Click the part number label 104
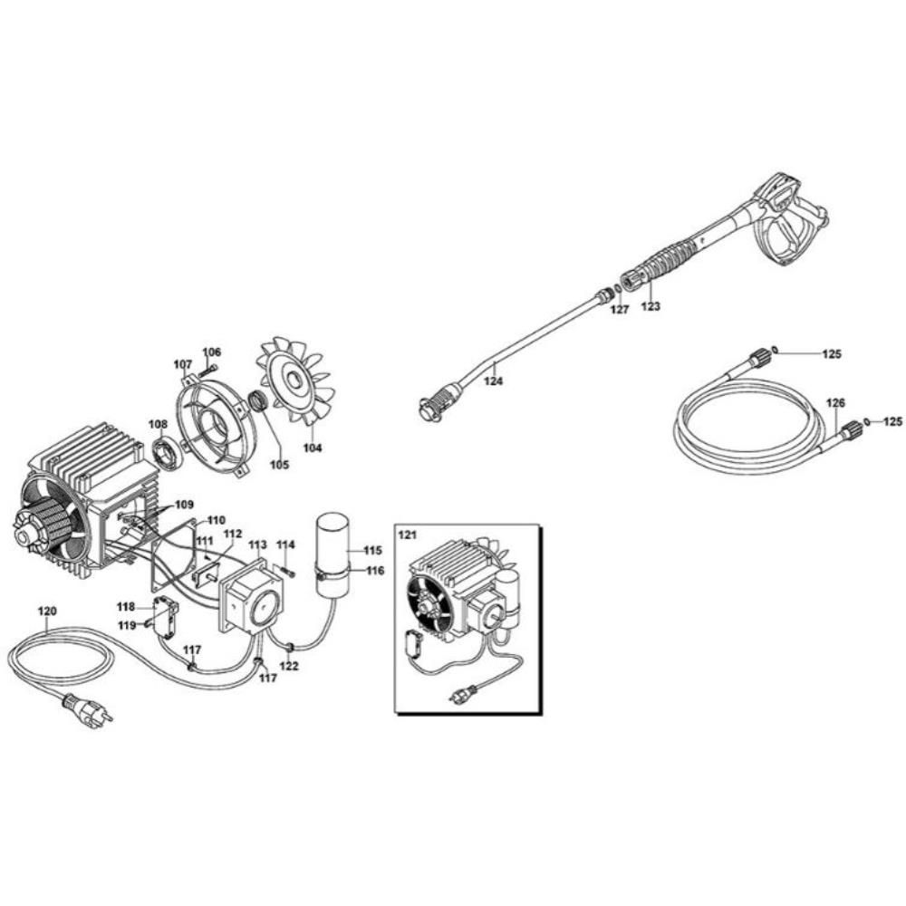tap(312, 448)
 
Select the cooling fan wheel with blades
tap(296, 381)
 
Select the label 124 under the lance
tap(493, 381)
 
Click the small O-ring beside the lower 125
tap(867, 421)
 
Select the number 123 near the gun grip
tap(651, 306)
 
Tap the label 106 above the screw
tap(211, 352)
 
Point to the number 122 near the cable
tap(288, 666)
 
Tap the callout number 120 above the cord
tap(47, 612)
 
